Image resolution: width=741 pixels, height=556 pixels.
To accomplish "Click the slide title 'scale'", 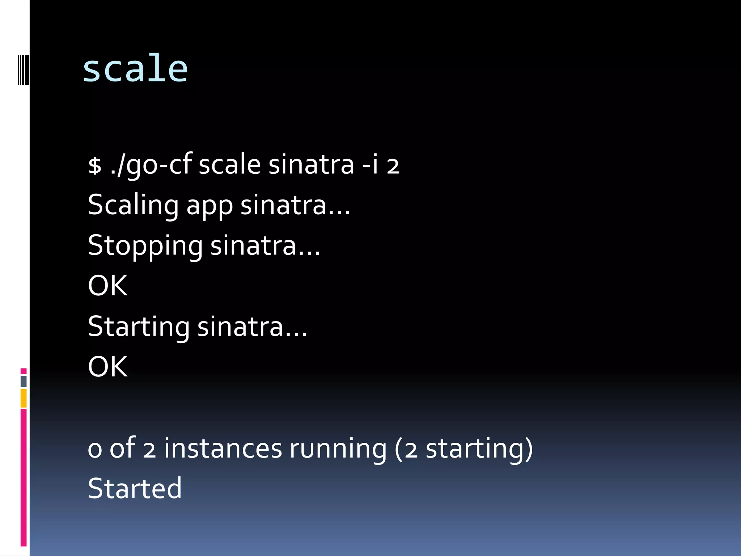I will pos(135,69).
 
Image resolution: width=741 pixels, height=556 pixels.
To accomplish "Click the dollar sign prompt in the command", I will pos(95,166).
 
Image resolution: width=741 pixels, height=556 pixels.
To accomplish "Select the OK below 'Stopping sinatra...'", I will pos(107,286).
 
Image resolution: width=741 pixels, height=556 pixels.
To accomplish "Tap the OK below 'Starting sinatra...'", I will pos(107,367).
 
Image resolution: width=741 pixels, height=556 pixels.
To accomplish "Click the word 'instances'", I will pos(223,448).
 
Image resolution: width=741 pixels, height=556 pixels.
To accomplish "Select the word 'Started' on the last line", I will pos(135,489).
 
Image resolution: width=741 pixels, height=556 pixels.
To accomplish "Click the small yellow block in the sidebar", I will pos(24,398).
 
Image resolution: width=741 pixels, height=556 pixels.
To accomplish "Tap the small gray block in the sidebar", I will pos(24,381).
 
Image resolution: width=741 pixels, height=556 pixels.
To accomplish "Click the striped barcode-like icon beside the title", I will pos(23,69).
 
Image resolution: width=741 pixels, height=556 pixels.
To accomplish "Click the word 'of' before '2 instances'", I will pos(122,448).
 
